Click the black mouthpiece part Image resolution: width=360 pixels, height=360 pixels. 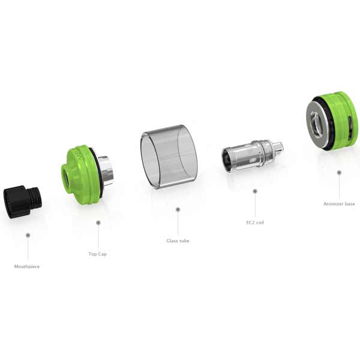pyautogui.click(x=23, y=202)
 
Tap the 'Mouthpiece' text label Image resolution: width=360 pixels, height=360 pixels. pyautogui.click(x=27, y=266)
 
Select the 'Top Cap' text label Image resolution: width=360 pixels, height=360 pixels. pyautogui.click(x=98, y=254)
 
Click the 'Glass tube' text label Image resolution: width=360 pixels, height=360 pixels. pyautogui.click(x=178, y=241)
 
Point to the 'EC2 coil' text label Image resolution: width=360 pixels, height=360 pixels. pyautogui.click(x=255, y=223)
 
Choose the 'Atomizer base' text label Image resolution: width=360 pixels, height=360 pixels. pyautogui.click(x=339, y=204)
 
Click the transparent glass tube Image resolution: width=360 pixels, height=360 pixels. pyautogui.click(x=169, y=157)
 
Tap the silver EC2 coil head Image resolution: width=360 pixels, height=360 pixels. pyautogui.click(x=253, y=155)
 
